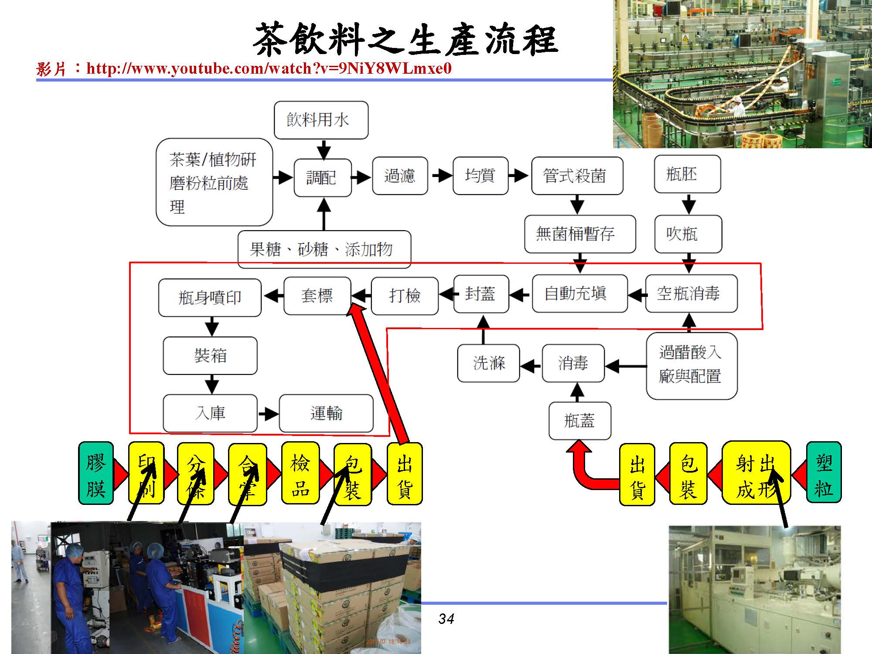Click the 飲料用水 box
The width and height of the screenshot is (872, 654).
tap(321, 120)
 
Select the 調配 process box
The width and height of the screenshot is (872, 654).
tap(322, 177)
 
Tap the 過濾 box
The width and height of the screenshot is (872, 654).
tap(400, 176)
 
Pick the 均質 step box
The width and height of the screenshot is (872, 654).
tap(480, 176)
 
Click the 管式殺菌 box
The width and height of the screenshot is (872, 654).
tap(577, 176)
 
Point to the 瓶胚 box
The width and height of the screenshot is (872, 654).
tap(687, 174)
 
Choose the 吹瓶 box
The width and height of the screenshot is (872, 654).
tap(688, 234)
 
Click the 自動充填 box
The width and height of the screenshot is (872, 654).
tap(579, 293)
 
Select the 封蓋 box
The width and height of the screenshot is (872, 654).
tap(481, 293)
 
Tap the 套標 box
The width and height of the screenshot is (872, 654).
tap(317, 296)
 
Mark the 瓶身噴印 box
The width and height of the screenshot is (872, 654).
tap(210, 297)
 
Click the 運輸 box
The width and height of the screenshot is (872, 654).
tap(326, 413)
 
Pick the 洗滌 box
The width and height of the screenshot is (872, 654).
tap(488, 363)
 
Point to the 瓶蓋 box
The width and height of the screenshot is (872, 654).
tap(579, 421)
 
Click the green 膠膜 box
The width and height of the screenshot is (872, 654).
tap(96, 473)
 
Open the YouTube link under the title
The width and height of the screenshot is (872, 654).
tap(269, 68)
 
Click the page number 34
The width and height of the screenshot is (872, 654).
tap(446, 618)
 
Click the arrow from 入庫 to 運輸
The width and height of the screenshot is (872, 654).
tap(268, 413)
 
